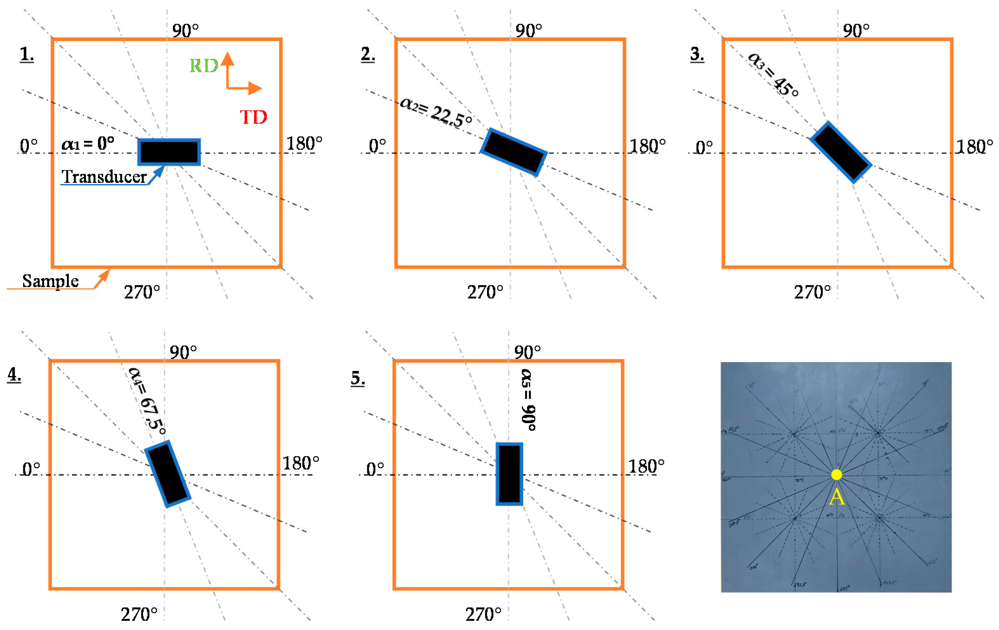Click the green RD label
(x=204, y=66)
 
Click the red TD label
(x=253, y=117)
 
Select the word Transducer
(x=104, y=177)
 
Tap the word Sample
(x=50, y=281)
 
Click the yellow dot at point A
(x=836, y=475)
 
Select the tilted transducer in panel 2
(x=514, y=152)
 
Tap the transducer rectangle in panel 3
(x=840, y=152)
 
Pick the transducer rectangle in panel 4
(x=167, y=474)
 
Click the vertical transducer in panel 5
(x=509, y=474)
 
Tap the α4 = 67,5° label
(x=147, y=401)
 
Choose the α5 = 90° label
(x=528, y=400)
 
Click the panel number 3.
(x=697, y=54)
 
